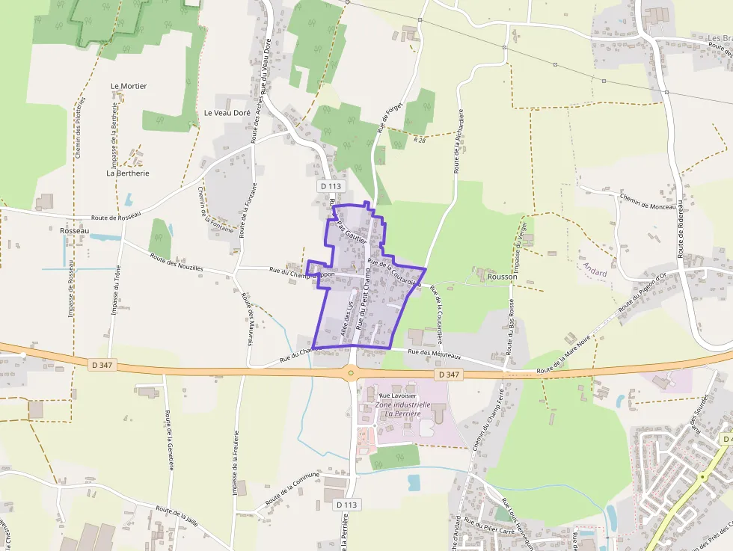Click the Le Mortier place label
coord(129,86)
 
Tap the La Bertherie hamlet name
coord(128,173)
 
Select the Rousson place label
coord(502,277)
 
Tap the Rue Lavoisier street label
coord(396,395)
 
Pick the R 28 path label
coord(420,140)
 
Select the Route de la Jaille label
coord(177,517)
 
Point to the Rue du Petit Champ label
coord(364,302)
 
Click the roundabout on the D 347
coord(350,372)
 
